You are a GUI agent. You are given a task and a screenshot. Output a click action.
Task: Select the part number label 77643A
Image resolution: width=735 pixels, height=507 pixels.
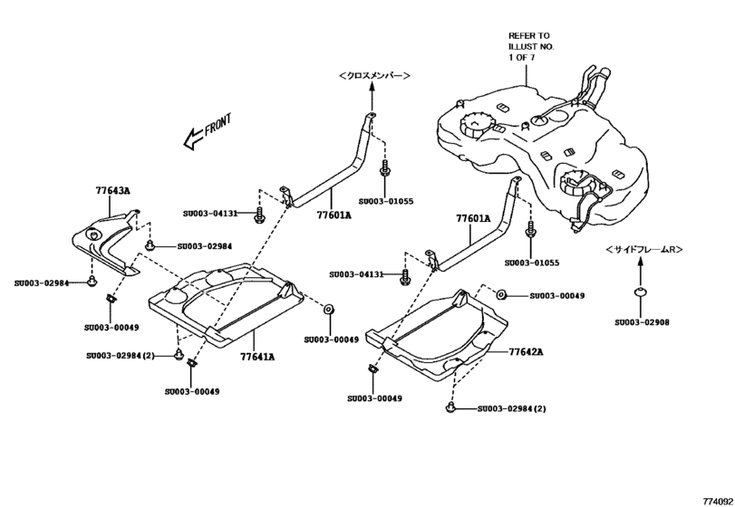[x=113, y=191]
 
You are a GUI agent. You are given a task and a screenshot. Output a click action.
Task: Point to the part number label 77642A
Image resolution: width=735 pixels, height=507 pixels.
[x=527, y=350]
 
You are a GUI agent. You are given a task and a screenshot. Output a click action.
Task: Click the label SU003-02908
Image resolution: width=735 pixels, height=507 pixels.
[x=642, y=321]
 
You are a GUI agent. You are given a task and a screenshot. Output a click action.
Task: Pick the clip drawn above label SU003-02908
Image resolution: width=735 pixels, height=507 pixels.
[x=641, y=292]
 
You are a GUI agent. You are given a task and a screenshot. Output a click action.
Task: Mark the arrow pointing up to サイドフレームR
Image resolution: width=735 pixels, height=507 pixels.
[x=641, y=269]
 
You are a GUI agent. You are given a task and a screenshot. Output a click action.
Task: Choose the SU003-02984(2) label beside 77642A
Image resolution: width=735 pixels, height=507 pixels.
[x=512, y=409]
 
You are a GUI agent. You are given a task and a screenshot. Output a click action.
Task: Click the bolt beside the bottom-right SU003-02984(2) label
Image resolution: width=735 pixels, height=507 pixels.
[x=450, y=410]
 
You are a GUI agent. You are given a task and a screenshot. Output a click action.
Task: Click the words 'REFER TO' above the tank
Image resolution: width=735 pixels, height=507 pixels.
[x=528, y=35]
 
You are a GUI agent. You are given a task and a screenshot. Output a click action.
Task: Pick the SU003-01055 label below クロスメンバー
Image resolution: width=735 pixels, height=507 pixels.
[x=386, y=201]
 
